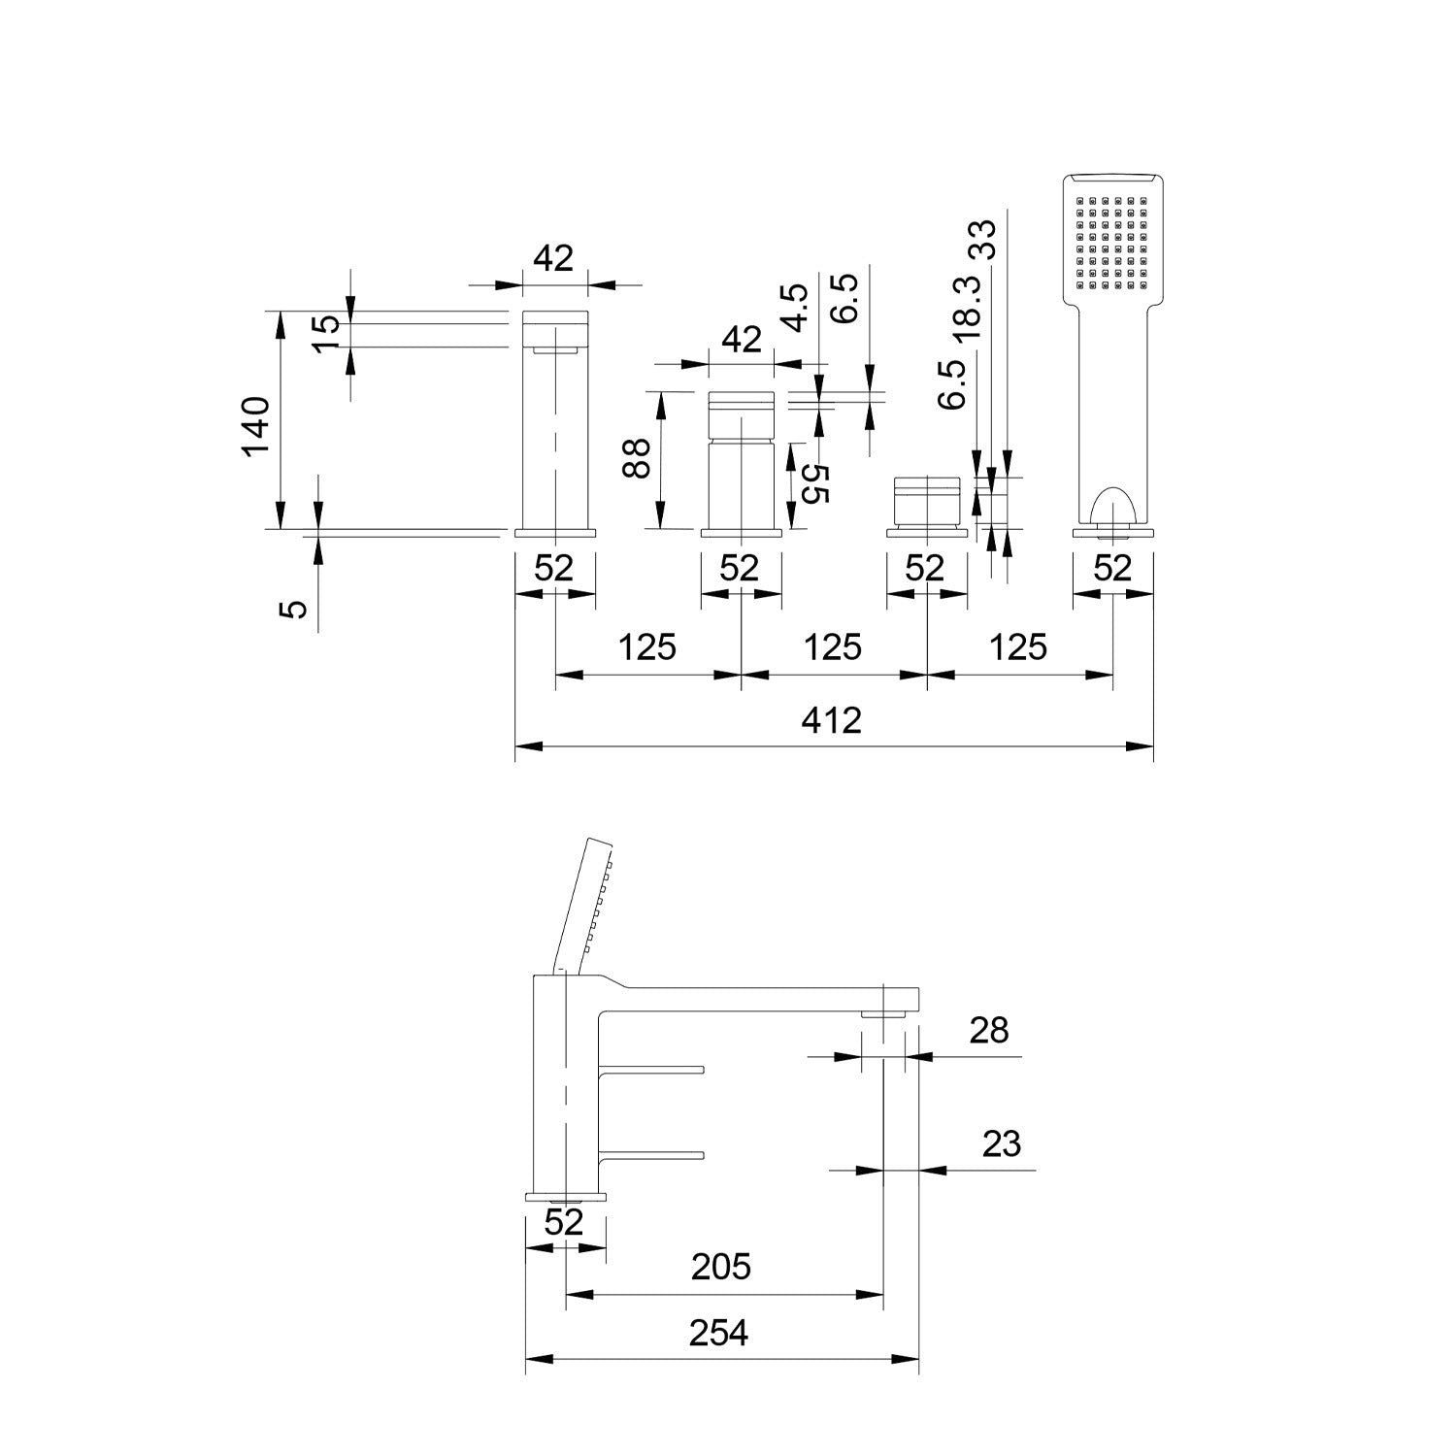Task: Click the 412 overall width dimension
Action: coord(833,720)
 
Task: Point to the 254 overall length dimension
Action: coord(719,1334)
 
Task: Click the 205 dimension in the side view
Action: coord(721,1266)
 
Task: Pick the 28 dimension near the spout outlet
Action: coord(988,1030)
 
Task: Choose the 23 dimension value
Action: coord(1001,1143)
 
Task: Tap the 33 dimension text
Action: coord(982,239)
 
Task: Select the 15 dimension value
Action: coord(328,324)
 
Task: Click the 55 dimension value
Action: coord(815,483)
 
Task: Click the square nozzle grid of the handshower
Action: coord(1112,244)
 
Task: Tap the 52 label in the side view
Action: coord(564,1221)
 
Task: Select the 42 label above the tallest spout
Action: coord(554,258)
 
